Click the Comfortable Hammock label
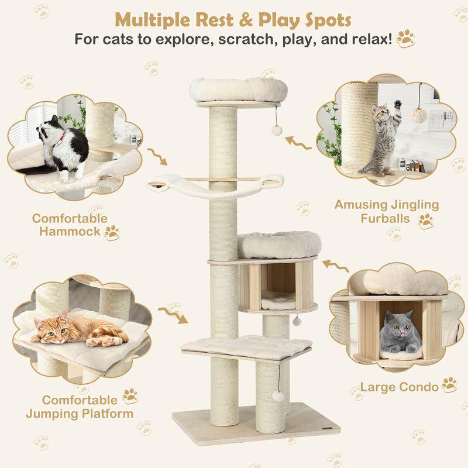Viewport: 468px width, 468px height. point(70,226)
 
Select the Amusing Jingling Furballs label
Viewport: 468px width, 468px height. point(386,212)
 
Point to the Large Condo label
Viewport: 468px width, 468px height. point(399,387)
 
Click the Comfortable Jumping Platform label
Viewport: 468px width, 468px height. point(81,407)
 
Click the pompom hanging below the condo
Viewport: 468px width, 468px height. point(297,321)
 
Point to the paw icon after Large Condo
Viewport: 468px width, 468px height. point(449,385)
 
